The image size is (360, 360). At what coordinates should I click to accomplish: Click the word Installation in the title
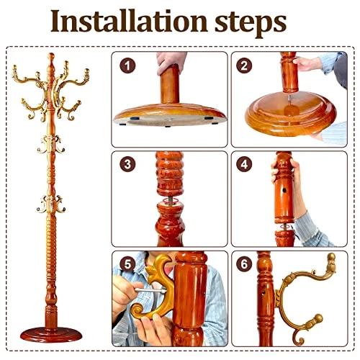(x=129, y=21)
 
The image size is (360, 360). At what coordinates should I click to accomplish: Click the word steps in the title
(x=251, y=24)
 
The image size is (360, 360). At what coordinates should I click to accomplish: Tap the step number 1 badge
(x=127, y=66)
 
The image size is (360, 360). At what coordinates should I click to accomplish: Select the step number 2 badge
(x=244, y=66)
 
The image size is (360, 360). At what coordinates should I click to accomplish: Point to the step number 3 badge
(x=127, y=164)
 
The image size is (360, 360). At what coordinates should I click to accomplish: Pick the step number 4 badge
(x=244, y=164)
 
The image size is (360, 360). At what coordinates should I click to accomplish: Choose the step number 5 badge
(x=127, y=264)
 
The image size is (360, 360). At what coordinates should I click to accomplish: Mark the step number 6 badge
(x=244, y=264)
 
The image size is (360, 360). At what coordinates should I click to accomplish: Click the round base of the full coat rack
(x=51, y=335)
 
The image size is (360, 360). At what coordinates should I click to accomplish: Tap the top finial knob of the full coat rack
(x=51, y=57)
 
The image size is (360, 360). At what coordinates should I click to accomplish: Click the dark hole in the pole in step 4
(x=284, y=191)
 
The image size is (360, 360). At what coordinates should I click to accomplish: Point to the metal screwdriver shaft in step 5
(x=150, y=290)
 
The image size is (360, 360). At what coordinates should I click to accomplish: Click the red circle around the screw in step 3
(x=170, y=201)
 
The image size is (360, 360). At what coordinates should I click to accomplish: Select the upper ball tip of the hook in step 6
(x=331, y=257)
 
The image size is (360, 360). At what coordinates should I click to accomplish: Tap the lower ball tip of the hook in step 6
(x=318, y=319)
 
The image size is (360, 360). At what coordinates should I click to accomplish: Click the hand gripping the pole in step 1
(x=171, y=61)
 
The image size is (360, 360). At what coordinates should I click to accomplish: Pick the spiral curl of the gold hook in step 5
(x=138, y=310)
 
